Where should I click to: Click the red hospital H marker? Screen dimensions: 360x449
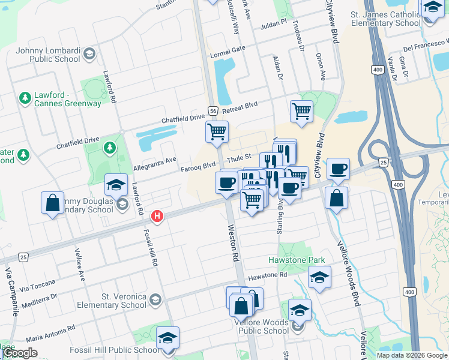[157, 216]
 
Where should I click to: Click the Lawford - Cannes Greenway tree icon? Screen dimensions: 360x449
[25, 97]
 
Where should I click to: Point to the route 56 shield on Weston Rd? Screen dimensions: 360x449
[213, 110]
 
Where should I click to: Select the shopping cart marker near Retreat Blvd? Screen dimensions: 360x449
[301, 110]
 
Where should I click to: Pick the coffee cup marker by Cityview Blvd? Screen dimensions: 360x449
[339, 169]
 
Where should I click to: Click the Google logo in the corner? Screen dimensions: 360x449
[20, 353]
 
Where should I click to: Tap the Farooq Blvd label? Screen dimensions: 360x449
[198, 166]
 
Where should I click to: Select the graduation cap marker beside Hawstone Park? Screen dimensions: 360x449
[319, 277]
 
